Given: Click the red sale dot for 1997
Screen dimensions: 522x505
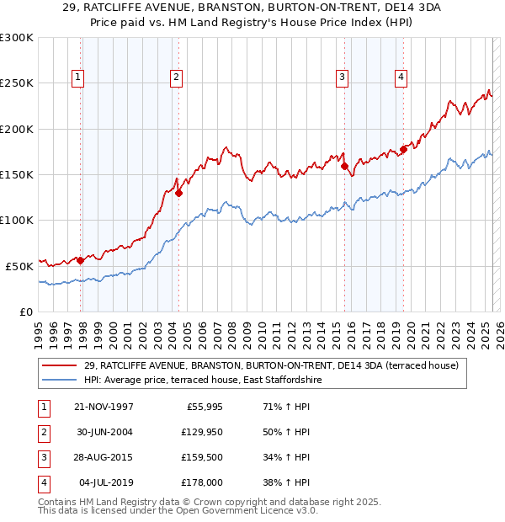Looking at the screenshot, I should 81,260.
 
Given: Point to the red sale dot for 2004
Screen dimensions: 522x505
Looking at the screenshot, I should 178,193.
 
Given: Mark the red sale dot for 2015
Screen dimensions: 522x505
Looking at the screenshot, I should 344,166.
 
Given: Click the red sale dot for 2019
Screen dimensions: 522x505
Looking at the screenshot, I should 403,149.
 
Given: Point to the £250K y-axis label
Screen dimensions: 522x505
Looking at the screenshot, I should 17,83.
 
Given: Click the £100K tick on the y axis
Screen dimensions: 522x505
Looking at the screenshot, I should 17,220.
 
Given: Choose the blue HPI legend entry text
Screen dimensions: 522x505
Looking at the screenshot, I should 202,380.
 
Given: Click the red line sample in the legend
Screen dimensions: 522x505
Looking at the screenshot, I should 59,365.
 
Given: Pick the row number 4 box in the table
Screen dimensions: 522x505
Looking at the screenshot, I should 42,483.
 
